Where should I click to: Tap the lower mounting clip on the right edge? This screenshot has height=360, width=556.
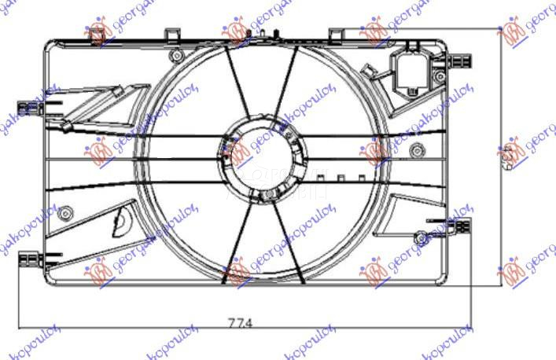point(460,226)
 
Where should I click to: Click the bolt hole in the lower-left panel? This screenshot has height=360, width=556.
point(66,211)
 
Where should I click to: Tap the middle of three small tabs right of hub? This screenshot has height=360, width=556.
point(340,178)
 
